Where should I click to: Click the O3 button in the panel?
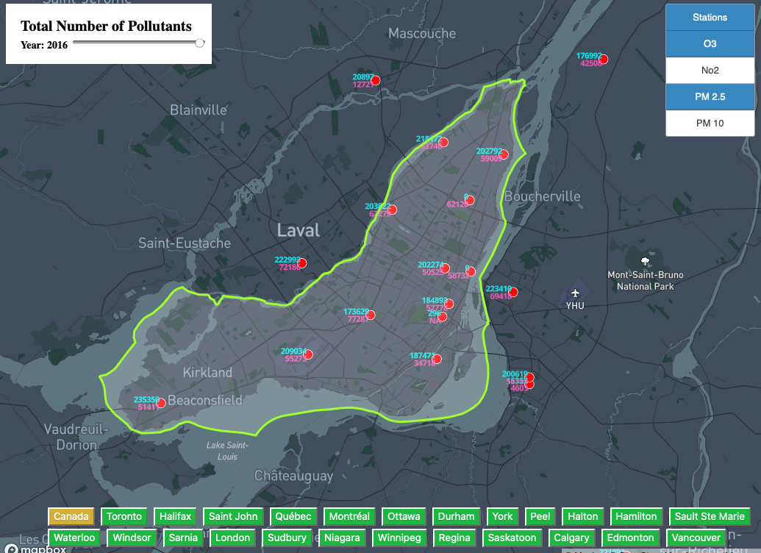[710, 44]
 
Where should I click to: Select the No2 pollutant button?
[710, 71]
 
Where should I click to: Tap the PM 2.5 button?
[710, 97]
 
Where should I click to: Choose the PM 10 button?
[710, 124]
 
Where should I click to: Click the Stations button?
[710, 18]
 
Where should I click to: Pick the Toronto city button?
[124, 516]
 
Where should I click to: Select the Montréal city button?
[349, 516]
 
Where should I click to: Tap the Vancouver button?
[696, 538]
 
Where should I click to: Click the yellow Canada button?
[71, 516]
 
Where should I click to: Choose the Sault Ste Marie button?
[710, 516]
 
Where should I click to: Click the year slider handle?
[200, 43]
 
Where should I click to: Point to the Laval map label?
[299, 230]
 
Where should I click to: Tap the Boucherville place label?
[542, 196]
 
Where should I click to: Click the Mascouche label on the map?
[422, 33]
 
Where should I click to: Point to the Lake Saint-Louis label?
[227, 450]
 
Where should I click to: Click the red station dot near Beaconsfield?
[162, 403]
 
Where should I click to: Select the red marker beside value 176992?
[604, 58]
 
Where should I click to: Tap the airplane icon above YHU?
[575, 293]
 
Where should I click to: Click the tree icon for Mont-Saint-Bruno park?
[646, 261]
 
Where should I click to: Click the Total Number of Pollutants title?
[106, 26]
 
